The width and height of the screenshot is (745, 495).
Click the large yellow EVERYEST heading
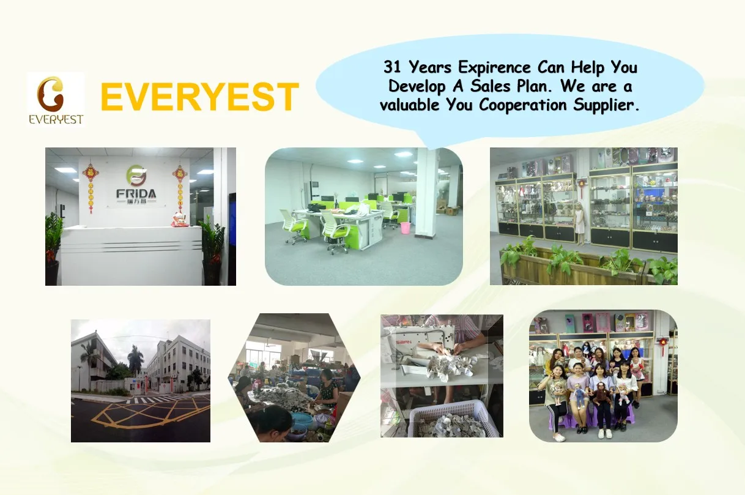click(x=199, y=97)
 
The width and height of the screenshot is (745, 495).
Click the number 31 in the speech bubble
click(x=393, y=67)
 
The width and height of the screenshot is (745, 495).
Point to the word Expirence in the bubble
click(x=495, y=67)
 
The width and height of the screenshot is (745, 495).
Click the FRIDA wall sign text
click(x=136, y=193)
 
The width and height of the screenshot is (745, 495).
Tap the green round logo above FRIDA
click(x=136, y=176)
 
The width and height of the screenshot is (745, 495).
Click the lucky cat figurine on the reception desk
click(x=180, y=220)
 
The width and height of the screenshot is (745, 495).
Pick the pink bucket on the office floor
click(x=405, y=228)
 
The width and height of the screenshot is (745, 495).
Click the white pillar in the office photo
click(x=427, y=192)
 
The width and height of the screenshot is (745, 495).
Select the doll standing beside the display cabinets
click(x=580, y=223)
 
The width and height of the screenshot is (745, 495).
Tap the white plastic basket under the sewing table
click(x=453, y=419)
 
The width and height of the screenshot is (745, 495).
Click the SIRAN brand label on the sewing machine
click(x=404, y=342)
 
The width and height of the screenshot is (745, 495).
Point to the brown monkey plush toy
click(x=599, y=394)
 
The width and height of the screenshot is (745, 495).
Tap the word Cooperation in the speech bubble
click(x=522, y=105)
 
